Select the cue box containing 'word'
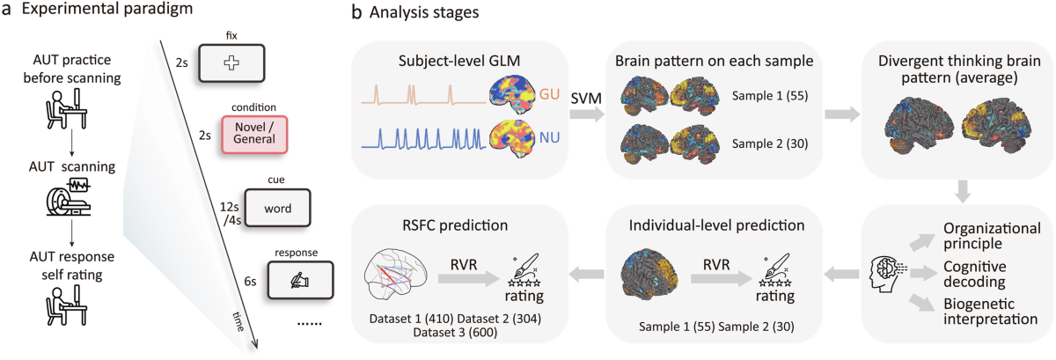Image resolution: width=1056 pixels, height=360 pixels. pos(278,208)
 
